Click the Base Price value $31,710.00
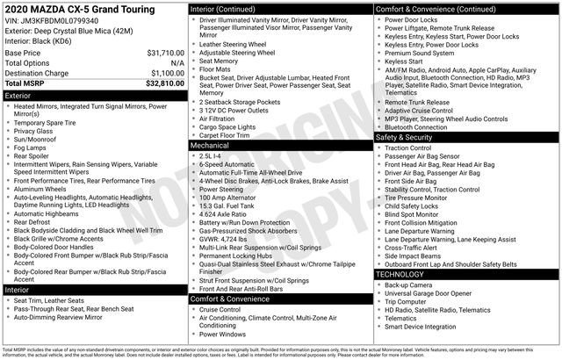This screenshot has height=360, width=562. coord(161,54)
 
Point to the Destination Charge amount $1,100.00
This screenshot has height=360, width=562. coord(163,73)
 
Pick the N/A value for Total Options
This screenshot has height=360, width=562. coord(177,63)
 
